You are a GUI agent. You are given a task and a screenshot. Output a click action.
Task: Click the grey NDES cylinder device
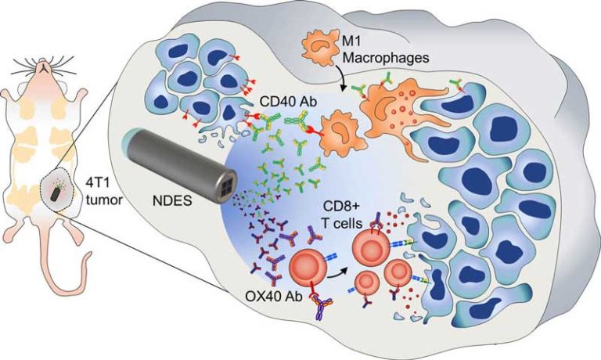tap(175, 160)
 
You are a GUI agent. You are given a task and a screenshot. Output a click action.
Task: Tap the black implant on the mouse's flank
tap(59, 192)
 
